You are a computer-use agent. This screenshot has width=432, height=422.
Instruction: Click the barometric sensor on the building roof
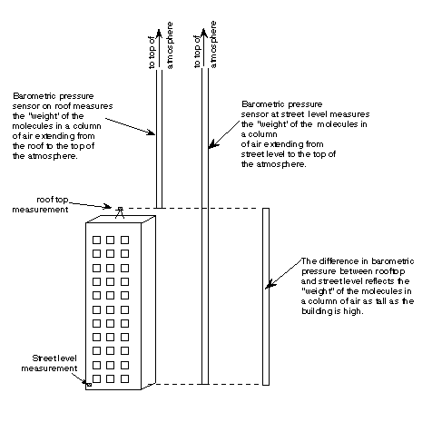point(120,212)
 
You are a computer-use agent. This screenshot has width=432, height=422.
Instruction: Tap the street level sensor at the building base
point(89,385)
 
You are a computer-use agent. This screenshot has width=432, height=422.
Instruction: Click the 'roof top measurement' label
point(40,204)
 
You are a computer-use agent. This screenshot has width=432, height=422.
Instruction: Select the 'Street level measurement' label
point(49,363)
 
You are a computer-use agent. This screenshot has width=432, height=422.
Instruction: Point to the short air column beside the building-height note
point(266,297)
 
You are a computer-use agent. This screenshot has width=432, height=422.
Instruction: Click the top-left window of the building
point(96,240)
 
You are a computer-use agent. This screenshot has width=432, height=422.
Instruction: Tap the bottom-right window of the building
point(124,378)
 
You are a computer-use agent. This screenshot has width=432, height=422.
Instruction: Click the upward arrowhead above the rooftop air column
point(159,33)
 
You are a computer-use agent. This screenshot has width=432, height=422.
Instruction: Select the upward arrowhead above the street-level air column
point(204,33)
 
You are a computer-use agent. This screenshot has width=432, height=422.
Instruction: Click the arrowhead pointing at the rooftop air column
point(151,132)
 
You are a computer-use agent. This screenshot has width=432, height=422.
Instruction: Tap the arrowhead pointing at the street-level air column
point(213,144)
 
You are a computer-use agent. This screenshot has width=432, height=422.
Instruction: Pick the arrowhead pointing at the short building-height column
point(270,284)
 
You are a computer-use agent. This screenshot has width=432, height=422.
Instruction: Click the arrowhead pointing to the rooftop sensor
point(107,206)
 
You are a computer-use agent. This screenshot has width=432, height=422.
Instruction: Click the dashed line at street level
point(210,384)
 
